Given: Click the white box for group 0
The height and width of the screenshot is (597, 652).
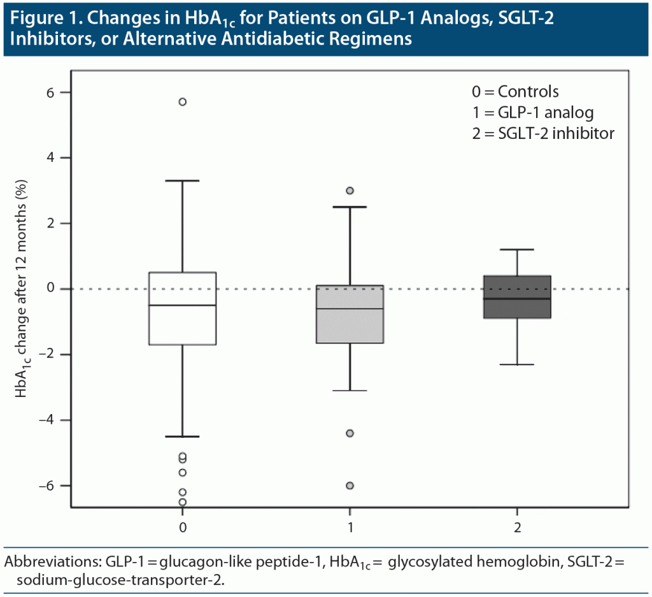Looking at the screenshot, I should [x=182, y=308].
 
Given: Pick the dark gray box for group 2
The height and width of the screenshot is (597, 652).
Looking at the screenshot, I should [x=516, y=296].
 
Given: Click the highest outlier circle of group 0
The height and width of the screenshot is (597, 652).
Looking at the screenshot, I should [x=182, y=101].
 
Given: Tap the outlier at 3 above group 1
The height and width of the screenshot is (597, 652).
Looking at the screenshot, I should [x=350, y=191].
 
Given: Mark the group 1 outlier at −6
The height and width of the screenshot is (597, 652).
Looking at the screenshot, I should [x=350, y=486].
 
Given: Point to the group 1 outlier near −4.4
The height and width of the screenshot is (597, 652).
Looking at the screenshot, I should [x=350, y=433].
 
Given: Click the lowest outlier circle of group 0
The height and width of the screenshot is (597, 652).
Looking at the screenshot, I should [x=182, y=502].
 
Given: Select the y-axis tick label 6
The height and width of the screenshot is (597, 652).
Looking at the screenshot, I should [x=50, y=92].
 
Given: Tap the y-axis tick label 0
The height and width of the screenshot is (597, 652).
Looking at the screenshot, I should [x=50, y=289].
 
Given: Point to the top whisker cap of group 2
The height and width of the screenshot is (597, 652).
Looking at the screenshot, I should [x=516, y=250].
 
